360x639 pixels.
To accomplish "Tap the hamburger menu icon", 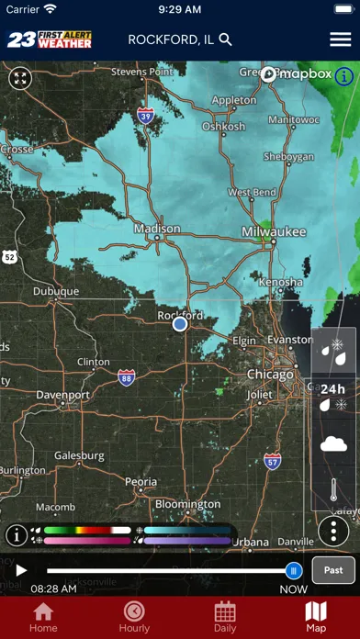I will (x=340, y=39).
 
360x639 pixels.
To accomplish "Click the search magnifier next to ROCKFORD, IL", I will (x=226, y=39).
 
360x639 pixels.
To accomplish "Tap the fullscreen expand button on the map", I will (x=20, y=78).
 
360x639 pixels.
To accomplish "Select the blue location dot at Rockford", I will (x=180, y=323).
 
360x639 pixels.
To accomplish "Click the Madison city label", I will (x=157, y=229).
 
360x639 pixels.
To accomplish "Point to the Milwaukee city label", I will (x=274, y=232).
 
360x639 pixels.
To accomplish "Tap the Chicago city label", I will (x=270, y=375).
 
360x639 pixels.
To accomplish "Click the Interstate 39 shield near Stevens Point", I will (x=145, y=115).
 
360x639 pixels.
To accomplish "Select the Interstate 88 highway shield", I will (x=127, y=377).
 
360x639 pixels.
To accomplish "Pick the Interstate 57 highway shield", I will (x=273, y=461).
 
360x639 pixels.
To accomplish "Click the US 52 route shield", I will (x=8, y=256).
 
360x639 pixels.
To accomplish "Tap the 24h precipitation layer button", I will (x=332, y=396).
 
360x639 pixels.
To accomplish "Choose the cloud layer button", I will (x=332, y=444).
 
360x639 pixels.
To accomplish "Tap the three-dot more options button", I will (x=333, y=531).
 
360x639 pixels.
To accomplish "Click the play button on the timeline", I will (x=21, y=570).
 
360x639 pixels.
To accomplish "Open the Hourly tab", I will (x=134, y=616).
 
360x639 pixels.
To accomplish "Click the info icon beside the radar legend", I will (x=17, y=535).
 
